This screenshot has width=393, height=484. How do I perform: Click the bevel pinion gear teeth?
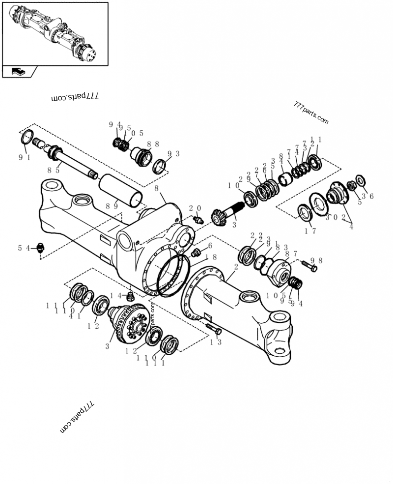219,217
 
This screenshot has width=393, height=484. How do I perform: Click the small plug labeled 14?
130,297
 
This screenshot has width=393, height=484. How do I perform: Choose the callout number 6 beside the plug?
210,246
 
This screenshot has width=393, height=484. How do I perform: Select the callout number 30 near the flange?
331,217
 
